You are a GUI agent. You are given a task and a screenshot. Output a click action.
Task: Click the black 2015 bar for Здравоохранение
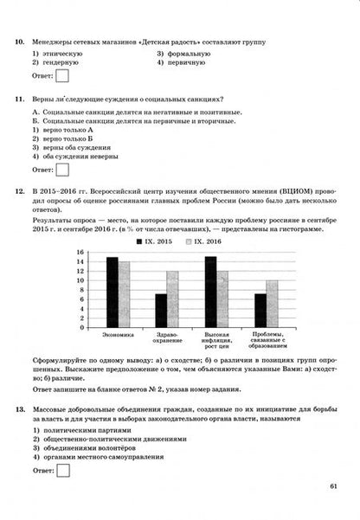coord(160,307)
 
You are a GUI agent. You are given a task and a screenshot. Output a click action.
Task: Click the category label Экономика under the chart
coord(118,333)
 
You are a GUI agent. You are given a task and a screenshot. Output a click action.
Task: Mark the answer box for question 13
coord(63,471)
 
